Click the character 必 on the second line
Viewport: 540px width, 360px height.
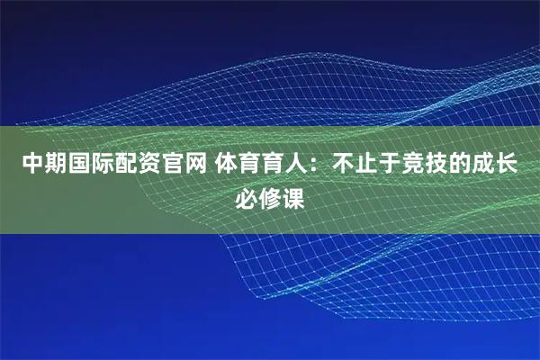point(246,197)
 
